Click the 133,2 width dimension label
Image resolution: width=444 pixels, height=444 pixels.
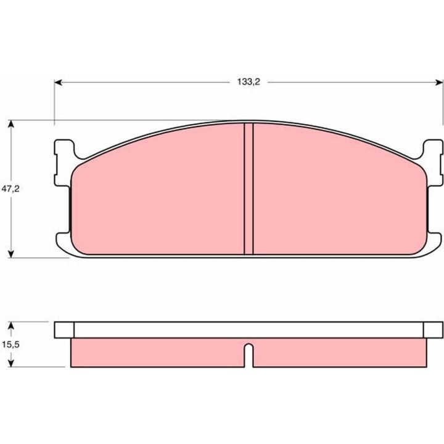click(x=249, y=82)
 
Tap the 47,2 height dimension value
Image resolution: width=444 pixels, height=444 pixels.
click(x=10, y=189)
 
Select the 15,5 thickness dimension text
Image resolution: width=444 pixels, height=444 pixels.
click(x=10, y=345)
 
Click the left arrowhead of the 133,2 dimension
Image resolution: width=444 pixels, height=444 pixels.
click(x=58, y=83)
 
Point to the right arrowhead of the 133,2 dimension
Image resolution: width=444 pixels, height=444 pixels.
click(x=439, y=83)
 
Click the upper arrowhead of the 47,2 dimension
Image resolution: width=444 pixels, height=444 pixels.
click(x=10, y=125)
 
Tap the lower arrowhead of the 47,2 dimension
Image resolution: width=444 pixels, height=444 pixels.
click(x=10, y=253)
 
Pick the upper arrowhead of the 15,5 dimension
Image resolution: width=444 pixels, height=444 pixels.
click(x=10, y=326)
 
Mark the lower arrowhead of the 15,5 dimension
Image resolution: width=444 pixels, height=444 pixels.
click(x=10, y=363)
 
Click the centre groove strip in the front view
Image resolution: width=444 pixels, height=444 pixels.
click(x=249, y=189)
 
